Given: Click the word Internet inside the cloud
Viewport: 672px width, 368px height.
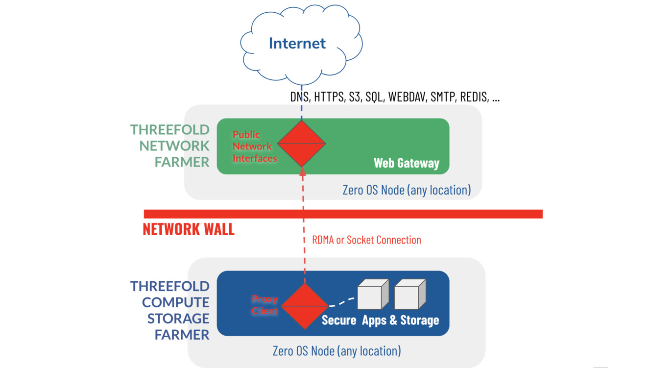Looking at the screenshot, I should tap(297, 43).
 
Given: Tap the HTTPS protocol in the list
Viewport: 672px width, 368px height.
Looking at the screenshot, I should tap(329, 97).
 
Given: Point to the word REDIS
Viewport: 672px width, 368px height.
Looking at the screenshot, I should tap(475, 97).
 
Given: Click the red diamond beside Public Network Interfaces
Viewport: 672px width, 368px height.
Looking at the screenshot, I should tap(302, 144).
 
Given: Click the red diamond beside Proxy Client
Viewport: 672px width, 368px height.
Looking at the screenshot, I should tap(304, 307).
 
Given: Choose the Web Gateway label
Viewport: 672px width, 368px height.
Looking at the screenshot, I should tap(407, 163).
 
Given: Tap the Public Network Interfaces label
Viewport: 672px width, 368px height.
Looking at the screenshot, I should tap(253, 146).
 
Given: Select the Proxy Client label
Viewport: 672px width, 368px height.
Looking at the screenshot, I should tap(264, 305).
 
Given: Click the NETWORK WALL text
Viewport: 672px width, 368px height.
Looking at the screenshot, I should tap(189, 229).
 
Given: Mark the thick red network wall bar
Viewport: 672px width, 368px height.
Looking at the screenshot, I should tap(343, 214).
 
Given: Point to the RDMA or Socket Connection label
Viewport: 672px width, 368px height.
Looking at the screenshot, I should tap(366, 240).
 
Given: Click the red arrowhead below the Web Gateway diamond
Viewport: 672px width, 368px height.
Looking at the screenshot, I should tap(303, 171).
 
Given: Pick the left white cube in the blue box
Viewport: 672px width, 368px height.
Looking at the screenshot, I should tap(373, 295).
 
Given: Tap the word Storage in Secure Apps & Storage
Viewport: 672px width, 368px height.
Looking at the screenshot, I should tap(420, 320).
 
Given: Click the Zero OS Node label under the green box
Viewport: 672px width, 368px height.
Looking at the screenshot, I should tap(407, 190).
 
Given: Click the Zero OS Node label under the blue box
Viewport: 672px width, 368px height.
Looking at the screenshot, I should tap(336, 351).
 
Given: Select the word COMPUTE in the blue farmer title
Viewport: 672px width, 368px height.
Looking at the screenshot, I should tap(176, 302).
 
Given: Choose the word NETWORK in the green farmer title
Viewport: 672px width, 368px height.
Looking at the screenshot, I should tap(174, 146).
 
